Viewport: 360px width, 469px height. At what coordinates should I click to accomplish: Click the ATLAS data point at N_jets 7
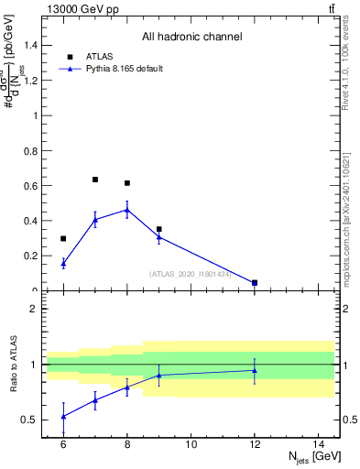(x=95, y=180)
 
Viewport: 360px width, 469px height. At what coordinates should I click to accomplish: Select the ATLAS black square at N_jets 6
(x=63, y=239)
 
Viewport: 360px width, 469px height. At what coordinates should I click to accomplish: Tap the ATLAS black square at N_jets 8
(x=127, y=183)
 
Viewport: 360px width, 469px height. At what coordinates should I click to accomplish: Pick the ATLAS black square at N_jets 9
(x=159, y=229)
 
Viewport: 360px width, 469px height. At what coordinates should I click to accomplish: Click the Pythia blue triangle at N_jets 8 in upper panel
(x=127, y=209)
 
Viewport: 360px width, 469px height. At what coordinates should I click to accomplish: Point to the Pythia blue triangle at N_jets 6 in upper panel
(x=63, y=263)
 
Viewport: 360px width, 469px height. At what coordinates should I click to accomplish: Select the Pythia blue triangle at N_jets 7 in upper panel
(x=95, y=220)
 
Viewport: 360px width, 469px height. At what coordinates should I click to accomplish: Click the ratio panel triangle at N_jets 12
(x=255, y=370)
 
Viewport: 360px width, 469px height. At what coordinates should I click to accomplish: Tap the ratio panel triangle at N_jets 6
(x=63, y=416)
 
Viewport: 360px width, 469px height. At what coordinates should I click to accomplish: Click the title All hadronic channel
(x=191, y=38)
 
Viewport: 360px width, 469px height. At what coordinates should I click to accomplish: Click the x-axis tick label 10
(x=191, y=444)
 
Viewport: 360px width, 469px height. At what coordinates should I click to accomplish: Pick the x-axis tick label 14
(x=319, y=444)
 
